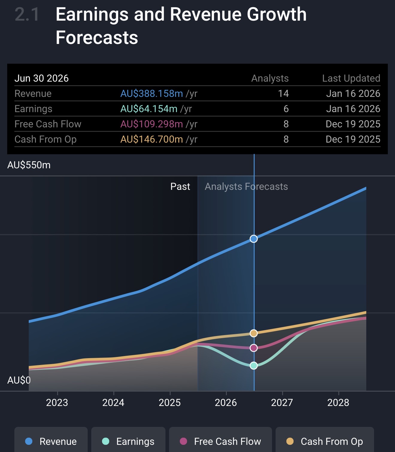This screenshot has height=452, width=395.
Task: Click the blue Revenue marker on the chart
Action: pyautogui.click(x=254, y=239)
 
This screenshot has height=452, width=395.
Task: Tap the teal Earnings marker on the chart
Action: pyautogui.click(x=254, y=366)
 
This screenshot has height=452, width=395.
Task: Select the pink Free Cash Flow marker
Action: pyautogui.click(x=254, y=348)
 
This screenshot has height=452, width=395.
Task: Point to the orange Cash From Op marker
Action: pyautogui.click(x=254, y=333)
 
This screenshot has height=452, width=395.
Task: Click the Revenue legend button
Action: pyautogui.click(x=51, y=441)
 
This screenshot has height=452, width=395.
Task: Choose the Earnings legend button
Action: pyautogui.click(x=128, y=441)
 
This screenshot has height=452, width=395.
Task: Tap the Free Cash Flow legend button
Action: pyautogui.click(x=221, y=441)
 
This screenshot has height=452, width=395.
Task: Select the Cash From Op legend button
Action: pyautogui.click(x=325, y=441)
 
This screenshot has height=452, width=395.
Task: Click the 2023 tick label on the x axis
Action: pyautogui.click(x=57, y=403)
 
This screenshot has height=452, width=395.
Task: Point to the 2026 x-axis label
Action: pyautogui.click(x=226, y=403)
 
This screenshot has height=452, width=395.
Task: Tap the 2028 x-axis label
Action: pyautogui.click(x=338, y=403)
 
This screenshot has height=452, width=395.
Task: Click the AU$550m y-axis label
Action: pyautogui.click(x=29, y=165)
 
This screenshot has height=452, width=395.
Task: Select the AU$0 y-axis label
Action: pyautogui.click(x=19, y=380)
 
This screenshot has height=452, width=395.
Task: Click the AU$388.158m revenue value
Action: pyautogui.click(x=152, y=94)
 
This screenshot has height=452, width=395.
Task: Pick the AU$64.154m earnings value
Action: pyautogui.click(x=149, y=109)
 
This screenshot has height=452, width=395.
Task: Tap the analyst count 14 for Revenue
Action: pyautogui.click(x=283, y=94)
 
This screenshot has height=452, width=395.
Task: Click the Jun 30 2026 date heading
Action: pyautogui.click(x=42, y=78)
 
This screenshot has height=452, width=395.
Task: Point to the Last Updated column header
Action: pyautogui.click(x=351, y=78)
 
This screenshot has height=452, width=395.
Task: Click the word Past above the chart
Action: pyautogui.click(x=180, y=187)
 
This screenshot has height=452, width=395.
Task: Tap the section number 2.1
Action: pyautogui.click(x=27, y=15)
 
